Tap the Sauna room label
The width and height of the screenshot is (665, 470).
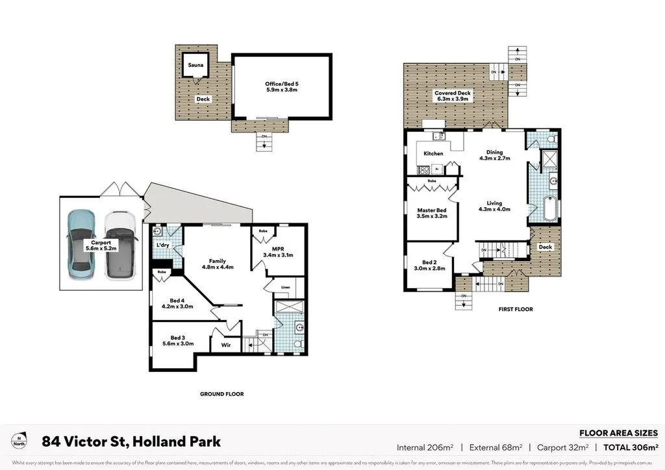195,66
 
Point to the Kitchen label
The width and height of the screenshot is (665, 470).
433,154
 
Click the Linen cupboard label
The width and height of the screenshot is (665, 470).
286,287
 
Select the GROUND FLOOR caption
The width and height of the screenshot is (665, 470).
222,394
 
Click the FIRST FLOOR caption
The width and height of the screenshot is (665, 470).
516,309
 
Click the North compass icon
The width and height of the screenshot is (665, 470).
22,441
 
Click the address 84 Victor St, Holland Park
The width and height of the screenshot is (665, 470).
131,442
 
